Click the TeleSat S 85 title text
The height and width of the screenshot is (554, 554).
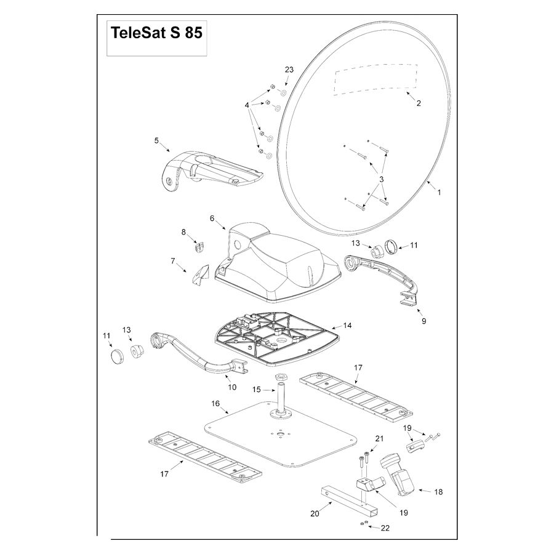[x=156, y=33]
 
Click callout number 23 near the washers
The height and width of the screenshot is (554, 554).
[x=289, y=70]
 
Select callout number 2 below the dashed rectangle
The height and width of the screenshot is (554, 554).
[x=419, y=103]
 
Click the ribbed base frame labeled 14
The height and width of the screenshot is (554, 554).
[x=278, y=339]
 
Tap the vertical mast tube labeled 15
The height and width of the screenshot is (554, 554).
[x=282, y=398]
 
